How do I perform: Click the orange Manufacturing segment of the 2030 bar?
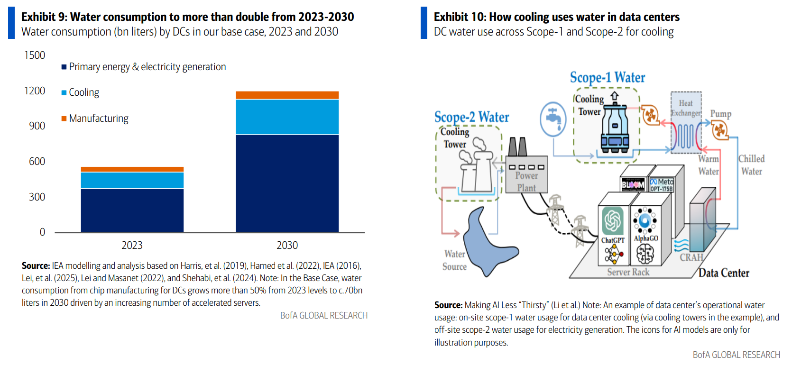pyautogui.click(x=287, y=95)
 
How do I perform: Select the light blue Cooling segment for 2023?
pyautogui.click(x=132, y=180)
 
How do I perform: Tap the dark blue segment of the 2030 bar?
pyautogui.click(x=287, y=183)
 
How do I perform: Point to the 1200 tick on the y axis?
pyautogui.click(x=35, y=91)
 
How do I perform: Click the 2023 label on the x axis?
pyautogui.click(x=132, y=245)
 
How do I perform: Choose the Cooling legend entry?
pyautogui.click(x=83, y=92)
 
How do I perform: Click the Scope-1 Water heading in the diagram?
pyautogui.click(x=607, y=77)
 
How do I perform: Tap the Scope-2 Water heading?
pyautogui.click(x=471, y=117)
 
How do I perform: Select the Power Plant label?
pyautogui.click(x=526, y=182)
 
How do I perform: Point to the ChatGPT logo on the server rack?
pyautogui.click(x=612, y=220)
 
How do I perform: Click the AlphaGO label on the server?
pyautogui.click(x=645, y=238)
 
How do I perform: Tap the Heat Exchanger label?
pyautogui.click(x=686, y=108)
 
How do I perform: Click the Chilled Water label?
pyautogui.click(x=751, y=165)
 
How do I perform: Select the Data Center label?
pyautogui.click(x=724, y=273)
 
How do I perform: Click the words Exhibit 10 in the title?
pyautogui.click(x=459, y=17)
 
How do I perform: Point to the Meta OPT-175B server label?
pyautogui.click(x=661, y=185)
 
